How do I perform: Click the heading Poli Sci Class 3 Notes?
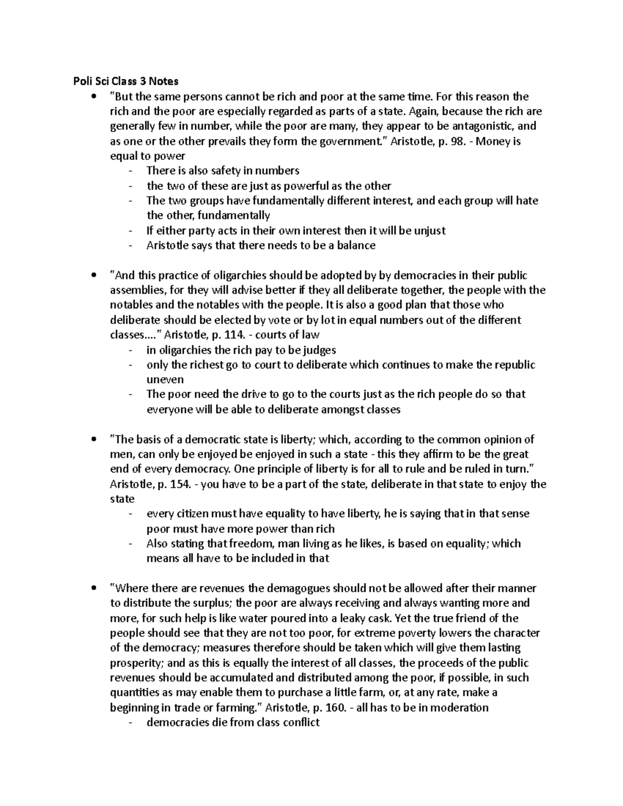pyautogui.click(x=126, y=81)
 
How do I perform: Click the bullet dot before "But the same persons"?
pyautogui.click(x=93, y=97)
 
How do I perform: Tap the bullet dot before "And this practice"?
pyautogui.click(x=93, y=276)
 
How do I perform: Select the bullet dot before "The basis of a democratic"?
pyautogui.click(x=93, y=440)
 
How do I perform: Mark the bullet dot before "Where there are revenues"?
pyautogui.click(x=93, y=589)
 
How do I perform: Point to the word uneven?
pyautogui.click(x=165, y=379)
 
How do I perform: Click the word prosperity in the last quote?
pyautogui.click(x=137, y=663)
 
